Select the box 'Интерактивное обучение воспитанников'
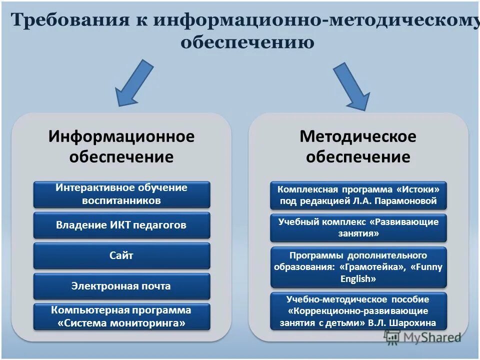click(121, 194)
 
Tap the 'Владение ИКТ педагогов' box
click(121, 225)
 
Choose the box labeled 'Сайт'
click(121, 255)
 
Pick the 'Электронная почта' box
click(121, 286)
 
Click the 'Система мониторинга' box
click(121, 316)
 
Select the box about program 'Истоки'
click(358, 195)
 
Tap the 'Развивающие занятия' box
click(358, 227)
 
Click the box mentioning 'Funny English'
click(358, 266)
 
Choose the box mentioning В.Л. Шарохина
click(358, 311)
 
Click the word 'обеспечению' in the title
click(247, 42)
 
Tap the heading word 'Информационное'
click(121, 136)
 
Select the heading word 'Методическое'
click(358, 136)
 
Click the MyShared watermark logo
click(422, 337)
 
